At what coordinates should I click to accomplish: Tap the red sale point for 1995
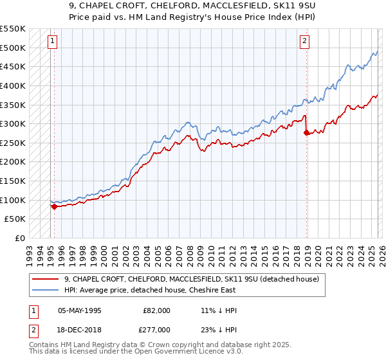pos(54,206)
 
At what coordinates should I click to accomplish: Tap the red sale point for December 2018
pos(306,132)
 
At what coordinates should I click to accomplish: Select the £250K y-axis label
pos(13,143)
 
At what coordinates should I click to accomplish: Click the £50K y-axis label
pos(15,219)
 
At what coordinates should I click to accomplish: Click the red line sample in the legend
pos(46,279)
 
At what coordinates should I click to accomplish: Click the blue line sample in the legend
pos(46,289)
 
